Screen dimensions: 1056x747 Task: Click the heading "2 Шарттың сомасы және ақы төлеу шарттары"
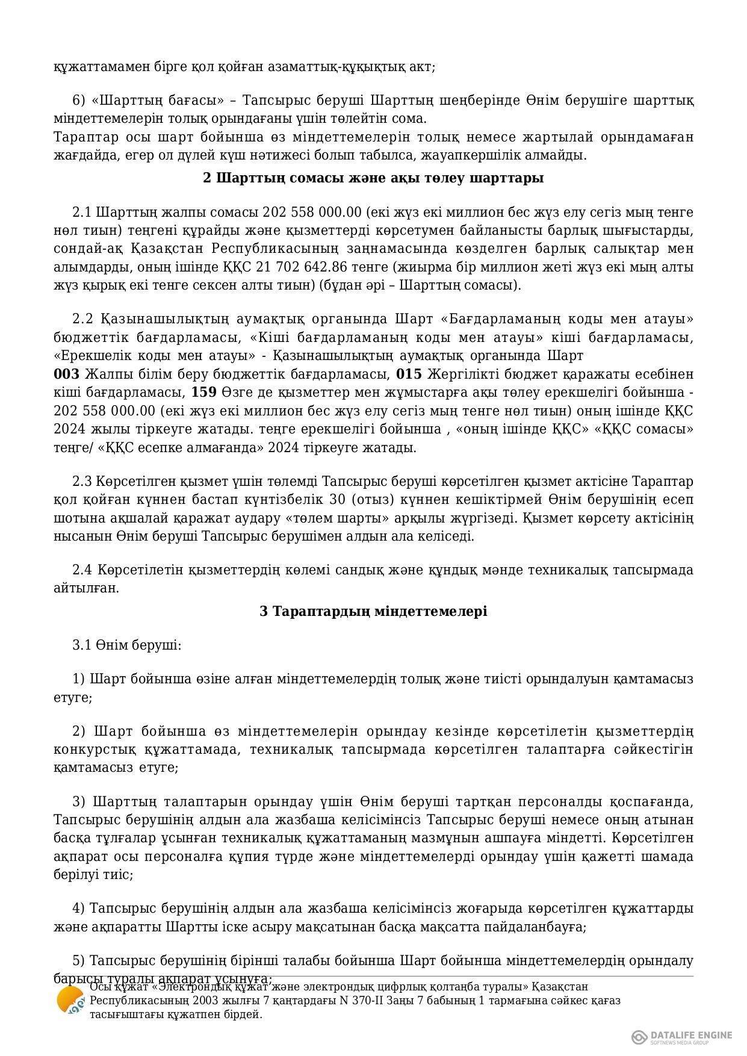point(373,178)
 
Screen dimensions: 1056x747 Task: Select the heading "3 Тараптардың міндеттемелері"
point(373,611)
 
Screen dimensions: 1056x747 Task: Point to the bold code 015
point(409,374)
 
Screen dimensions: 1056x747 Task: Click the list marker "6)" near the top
point(78,101)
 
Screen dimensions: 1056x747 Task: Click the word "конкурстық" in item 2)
point(92,750)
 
